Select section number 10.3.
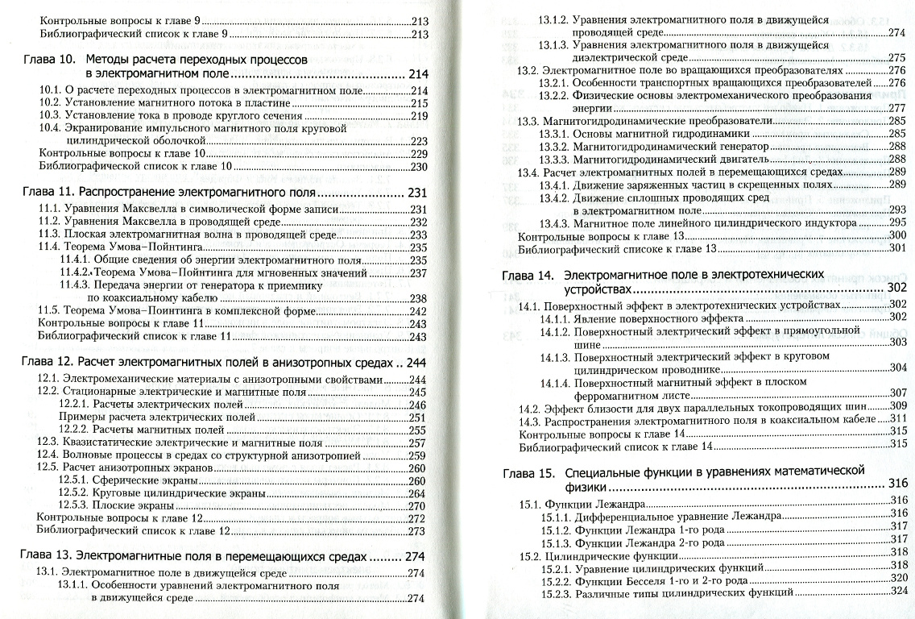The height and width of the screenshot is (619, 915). (51, 115)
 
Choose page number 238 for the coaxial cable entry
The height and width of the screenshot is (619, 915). (418, 298)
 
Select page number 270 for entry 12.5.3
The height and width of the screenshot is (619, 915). (417, 506)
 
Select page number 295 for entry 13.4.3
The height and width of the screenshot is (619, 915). (897, 222)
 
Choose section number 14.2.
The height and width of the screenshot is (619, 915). (529, 406)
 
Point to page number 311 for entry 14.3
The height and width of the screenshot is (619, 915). (898, 418)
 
